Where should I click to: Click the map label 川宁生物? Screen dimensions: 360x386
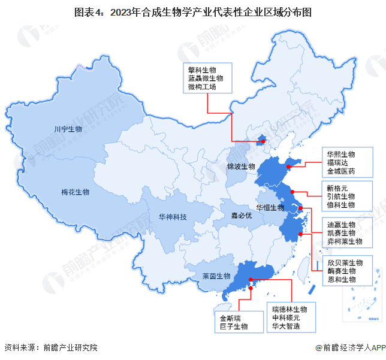[68, 129]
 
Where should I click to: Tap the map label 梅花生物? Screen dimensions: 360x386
[75, 192]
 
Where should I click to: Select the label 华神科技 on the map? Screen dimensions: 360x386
[172, 217]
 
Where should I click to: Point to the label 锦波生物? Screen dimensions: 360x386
[241, 166]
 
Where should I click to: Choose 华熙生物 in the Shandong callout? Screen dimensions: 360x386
[341, 153]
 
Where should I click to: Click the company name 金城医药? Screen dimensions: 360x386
[341, 171]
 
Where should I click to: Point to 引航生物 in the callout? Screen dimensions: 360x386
[341, 196]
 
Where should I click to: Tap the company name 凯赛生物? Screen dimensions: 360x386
[341, 232]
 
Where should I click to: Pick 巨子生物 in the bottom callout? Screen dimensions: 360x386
[233, 326]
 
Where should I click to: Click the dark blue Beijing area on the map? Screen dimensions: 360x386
[260, 140]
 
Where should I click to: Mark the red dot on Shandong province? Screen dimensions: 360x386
[288, 167]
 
